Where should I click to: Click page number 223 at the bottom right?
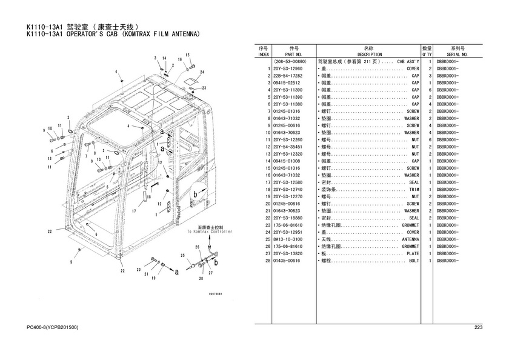pos(477,328)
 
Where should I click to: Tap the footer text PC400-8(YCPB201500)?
pos(53,328)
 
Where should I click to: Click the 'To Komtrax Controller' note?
pos(205,232)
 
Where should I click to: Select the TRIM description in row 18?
pos(414,190)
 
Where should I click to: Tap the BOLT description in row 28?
pos(414,261)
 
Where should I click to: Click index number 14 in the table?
pos(267,161)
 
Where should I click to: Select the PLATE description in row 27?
pos(413,253)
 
